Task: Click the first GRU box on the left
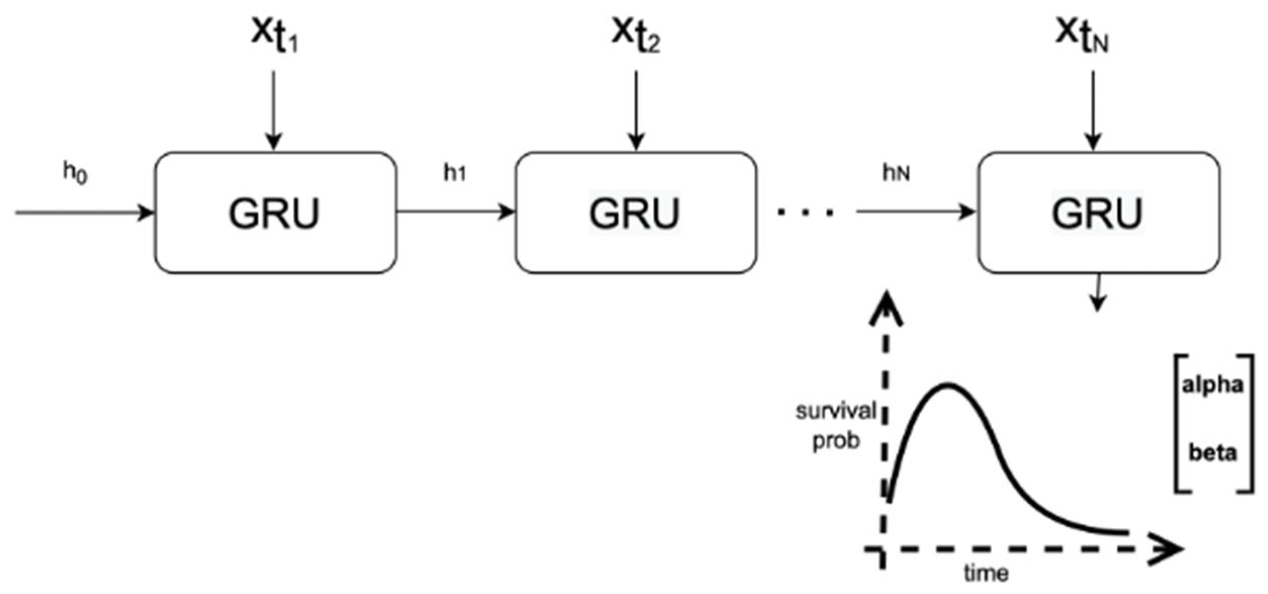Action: pos(275,212)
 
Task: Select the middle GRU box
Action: pos(636,212)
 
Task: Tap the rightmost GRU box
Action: pos(1098,212)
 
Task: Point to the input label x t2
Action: pos(636,34)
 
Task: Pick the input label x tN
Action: pos(1082,34)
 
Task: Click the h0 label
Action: pos(75,172)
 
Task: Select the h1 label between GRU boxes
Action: pos(455,173)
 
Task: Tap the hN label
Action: pos(896,173)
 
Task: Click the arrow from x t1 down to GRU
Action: pos(274,109)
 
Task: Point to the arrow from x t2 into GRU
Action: pos(636,109)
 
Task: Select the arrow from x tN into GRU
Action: pos(1093,109)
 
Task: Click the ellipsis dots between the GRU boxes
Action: pos(805,213)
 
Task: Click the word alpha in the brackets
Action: pos(1212,385)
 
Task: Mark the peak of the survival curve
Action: pos(949,385)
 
